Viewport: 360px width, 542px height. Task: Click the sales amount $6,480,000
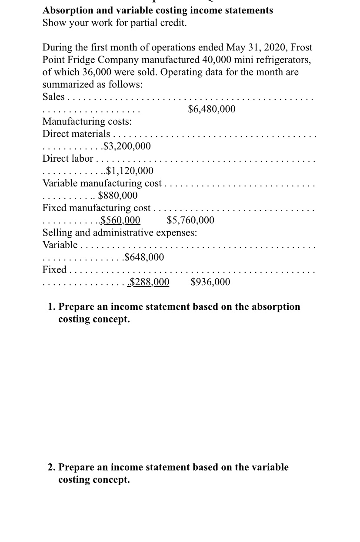pos(212,109)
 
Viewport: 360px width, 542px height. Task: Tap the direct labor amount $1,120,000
pos(129,170)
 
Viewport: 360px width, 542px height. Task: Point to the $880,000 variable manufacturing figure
pos(118,195)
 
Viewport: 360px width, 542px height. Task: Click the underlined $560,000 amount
pos(120,220)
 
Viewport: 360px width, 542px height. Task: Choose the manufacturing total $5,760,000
pos(190,220)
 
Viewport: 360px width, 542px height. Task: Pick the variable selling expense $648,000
pos(144,257)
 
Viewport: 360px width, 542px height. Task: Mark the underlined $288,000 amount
pos(150,282)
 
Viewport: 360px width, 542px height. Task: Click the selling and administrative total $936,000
pos(210,282)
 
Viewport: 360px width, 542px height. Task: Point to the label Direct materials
pos(76,133)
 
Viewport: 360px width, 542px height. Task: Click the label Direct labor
pos(68,158)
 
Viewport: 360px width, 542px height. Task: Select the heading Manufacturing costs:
pos(87,121)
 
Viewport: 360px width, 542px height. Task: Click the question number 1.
pos(51,307)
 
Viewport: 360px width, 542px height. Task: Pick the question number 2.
pos(51,467)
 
